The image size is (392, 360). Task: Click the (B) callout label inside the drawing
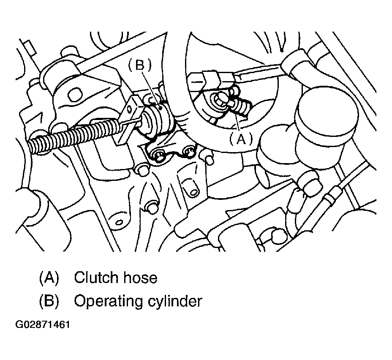(x=140, y=65)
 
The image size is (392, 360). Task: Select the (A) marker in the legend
(x=49, y=278)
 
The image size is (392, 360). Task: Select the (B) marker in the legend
(x=49, y=301)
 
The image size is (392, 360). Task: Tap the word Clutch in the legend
(x=96, y=277)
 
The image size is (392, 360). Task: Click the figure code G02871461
(x=43, y=325)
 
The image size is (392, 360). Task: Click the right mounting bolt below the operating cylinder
(x=189, y=152)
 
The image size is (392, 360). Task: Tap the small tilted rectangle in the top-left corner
(x=30, y=47)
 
